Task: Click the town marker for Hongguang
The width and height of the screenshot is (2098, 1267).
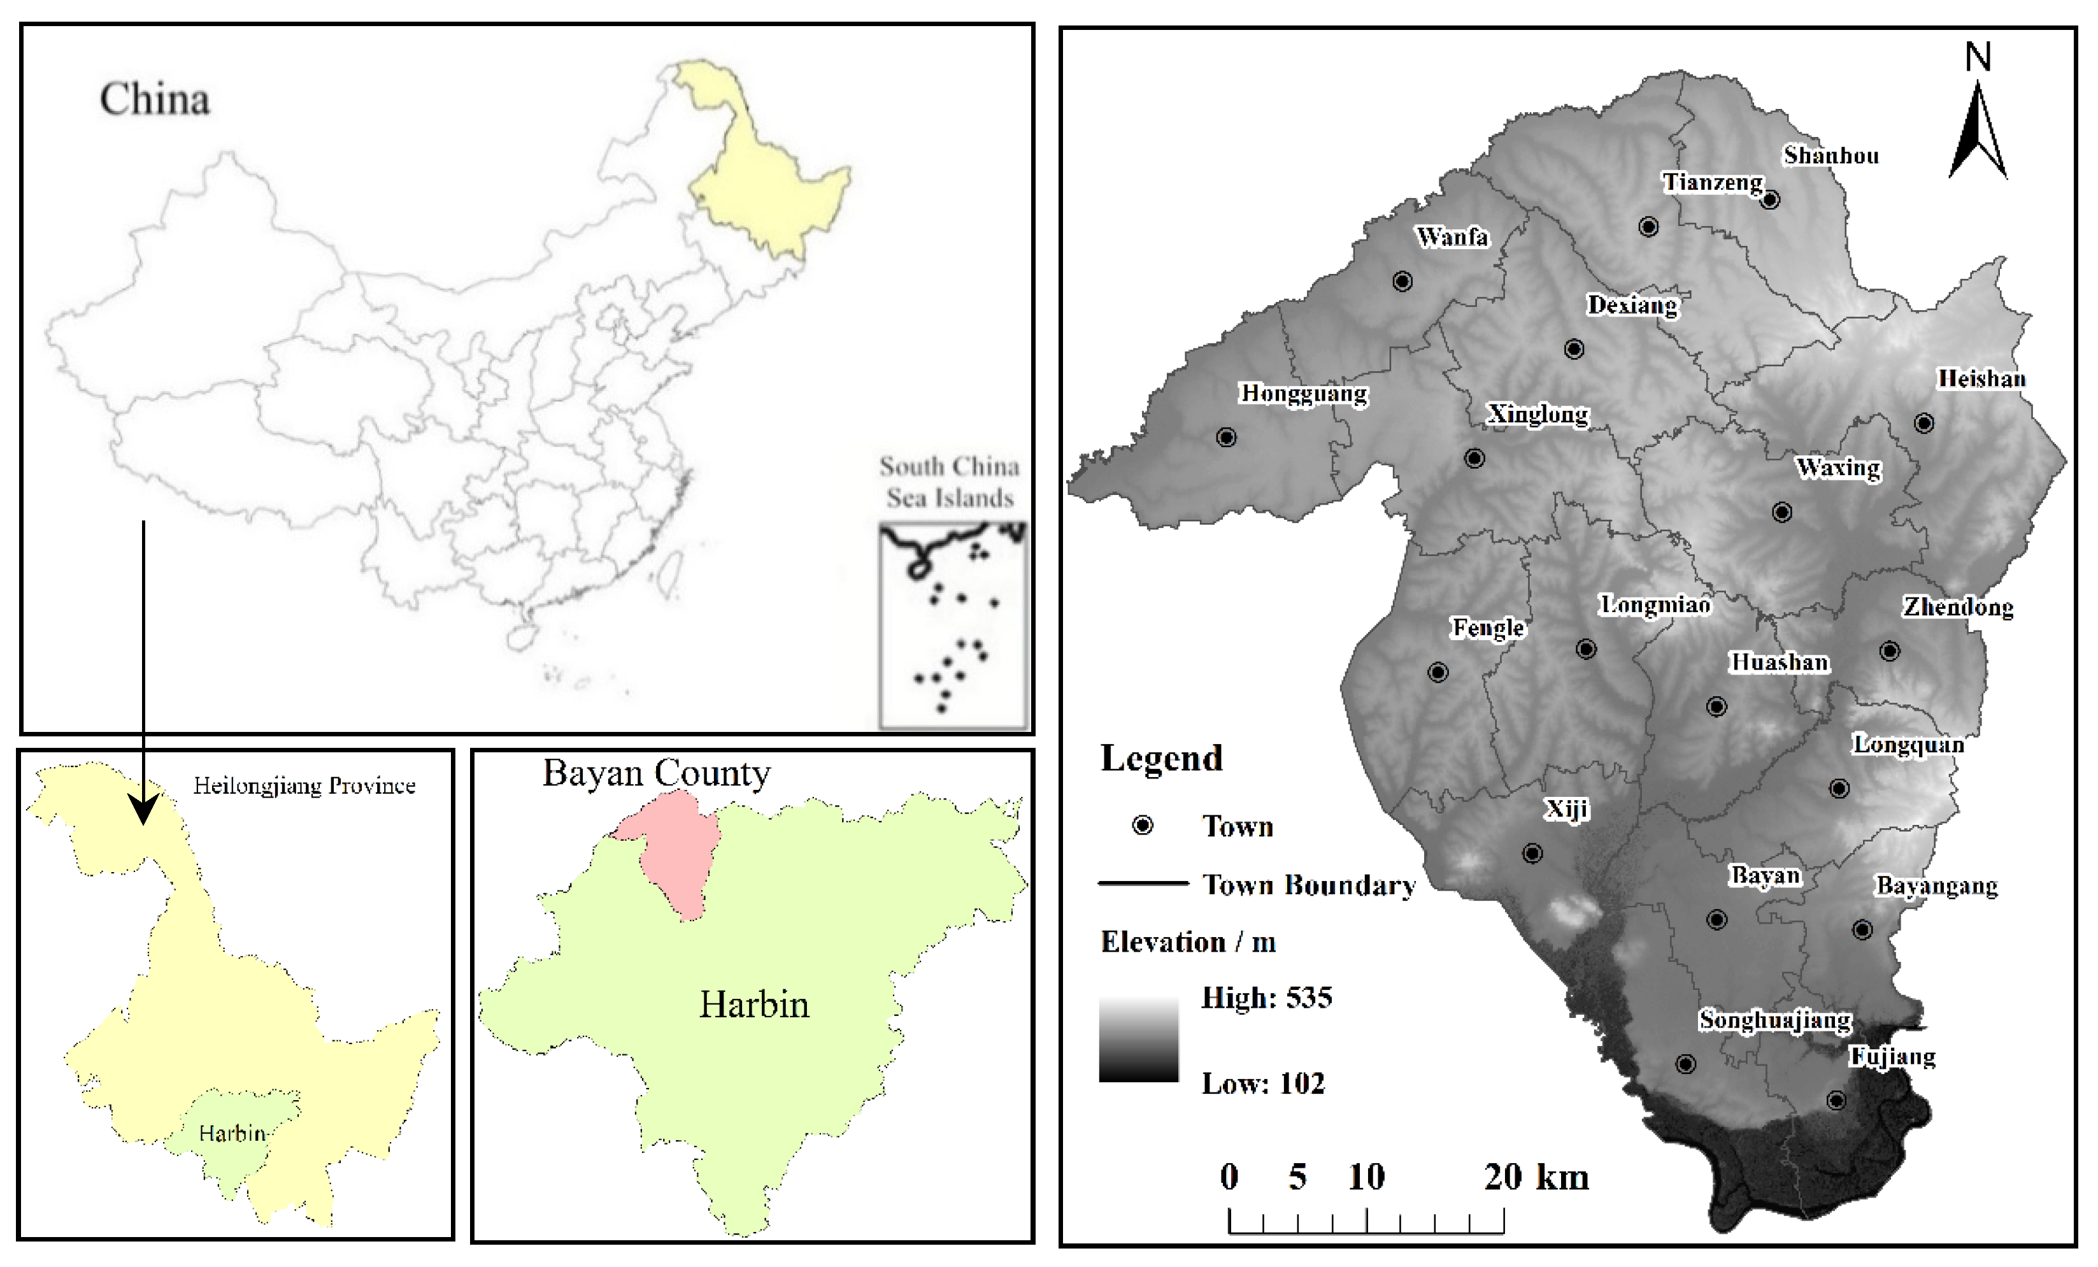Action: pyautogui.click(x=1226, y=437)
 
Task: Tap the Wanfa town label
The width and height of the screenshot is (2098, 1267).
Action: pyautogui.click(x=1453, y=237)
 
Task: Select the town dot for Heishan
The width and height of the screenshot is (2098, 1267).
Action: pyautogui.click(x=1924, y=423)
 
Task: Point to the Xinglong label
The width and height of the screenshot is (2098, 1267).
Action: pyautogui.click(x=1538, y=415)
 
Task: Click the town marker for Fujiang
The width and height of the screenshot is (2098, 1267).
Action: pyautogui.click(x=1837, y=1100)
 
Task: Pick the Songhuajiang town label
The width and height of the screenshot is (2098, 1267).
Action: pyautogui.click(x=1775, y=1020)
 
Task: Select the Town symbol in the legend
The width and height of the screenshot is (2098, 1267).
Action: pyautogui.click(x=1143, y=825)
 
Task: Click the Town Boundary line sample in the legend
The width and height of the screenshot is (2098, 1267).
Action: pyautogui.click(x=1143, y=884)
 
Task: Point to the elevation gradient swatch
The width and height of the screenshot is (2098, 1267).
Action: pyautogui.click(x=1138, y=1039)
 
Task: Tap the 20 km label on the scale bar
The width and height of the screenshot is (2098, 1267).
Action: pyautogui.click(x=1536, y=1178)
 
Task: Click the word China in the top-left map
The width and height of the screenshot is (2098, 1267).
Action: pyautogui.click(x=155, y=99)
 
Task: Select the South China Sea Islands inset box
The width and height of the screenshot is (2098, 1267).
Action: pyautogui.click(x=953, y=626)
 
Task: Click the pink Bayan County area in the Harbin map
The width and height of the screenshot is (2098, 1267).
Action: pyautogui.click(x=674, y=855)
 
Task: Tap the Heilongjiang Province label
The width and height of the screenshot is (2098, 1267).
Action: pyautogui.click(x=304, y=785)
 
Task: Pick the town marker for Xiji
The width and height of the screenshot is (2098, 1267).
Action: pyautogui.click(x=1532, y=853)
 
